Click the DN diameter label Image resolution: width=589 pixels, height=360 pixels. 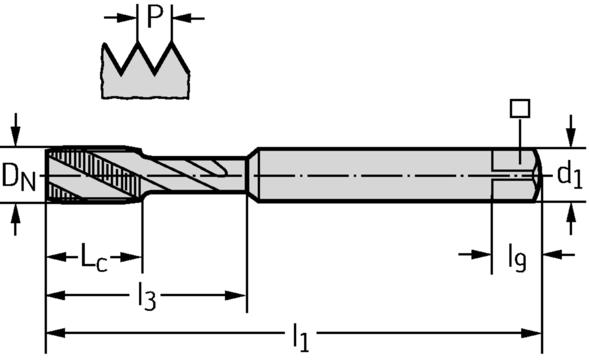(18, 177)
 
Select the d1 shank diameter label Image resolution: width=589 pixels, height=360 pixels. (569, 176)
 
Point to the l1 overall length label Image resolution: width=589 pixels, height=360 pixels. (300, 338)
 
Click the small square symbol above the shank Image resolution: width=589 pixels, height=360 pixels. (520, 108)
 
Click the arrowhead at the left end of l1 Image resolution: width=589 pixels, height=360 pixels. (55, 333)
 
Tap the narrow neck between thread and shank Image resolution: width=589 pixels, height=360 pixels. (196, 174)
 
